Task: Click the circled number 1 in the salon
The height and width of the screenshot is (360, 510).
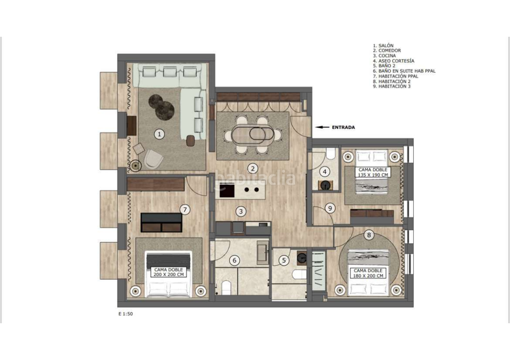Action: tap(159, 134)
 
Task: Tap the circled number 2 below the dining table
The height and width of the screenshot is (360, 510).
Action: tap(253, 169)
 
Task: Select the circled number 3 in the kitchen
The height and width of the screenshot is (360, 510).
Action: tap(240, 212)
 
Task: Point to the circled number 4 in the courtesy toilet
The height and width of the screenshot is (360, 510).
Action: tap(324, 171)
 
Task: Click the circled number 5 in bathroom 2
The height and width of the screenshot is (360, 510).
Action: tap(284, 259)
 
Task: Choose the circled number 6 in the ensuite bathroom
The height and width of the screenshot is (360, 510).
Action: tap(234, 260)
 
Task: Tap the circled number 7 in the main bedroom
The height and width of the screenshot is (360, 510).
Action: tap(184, 209)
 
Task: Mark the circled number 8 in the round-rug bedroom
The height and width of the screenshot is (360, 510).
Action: tap(368, 234)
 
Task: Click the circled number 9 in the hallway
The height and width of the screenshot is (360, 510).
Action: tap(330, 208)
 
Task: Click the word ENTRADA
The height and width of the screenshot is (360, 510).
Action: tap(343, 127)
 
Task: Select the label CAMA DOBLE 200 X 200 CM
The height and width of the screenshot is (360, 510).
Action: tap(169, 272)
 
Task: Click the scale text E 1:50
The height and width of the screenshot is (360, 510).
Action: tap(126, 313)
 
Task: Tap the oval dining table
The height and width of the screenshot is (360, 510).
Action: tap(252, 134)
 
